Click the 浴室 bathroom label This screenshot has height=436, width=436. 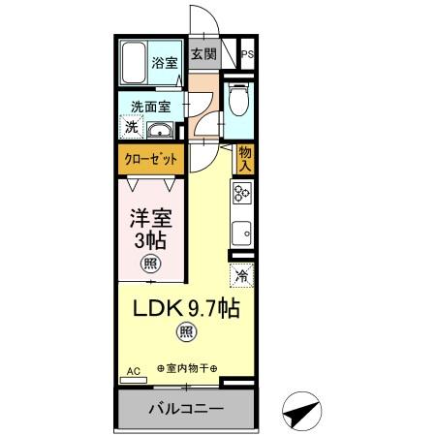165,62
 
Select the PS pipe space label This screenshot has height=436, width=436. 247,54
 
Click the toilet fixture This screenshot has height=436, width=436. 239,100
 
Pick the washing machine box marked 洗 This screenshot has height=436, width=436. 130,126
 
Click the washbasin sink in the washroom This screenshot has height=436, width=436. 163,131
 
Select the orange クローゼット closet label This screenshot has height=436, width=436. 149,157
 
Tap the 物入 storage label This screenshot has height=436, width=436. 245,158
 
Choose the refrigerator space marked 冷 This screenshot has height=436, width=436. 242,276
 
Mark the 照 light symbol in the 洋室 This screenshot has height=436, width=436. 151,263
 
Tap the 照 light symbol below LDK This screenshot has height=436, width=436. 184,334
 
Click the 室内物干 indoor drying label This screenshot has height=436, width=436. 184,368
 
